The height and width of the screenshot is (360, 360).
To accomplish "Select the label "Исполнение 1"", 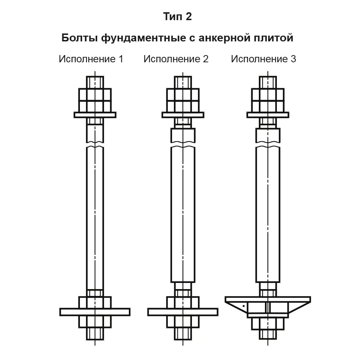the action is (91, 59).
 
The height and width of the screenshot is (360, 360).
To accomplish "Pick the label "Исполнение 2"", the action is (176, 59).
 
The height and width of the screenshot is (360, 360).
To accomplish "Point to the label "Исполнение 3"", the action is (264, 59).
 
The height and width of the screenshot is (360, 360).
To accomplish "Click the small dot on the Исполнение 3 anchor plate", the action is (244, 306).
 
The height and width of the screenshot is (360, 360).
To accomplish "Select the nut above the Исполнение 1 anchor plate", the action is (95, 302).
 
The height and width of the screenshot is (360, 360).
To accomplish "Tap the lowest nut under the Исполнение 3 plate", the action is (268, 324).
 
